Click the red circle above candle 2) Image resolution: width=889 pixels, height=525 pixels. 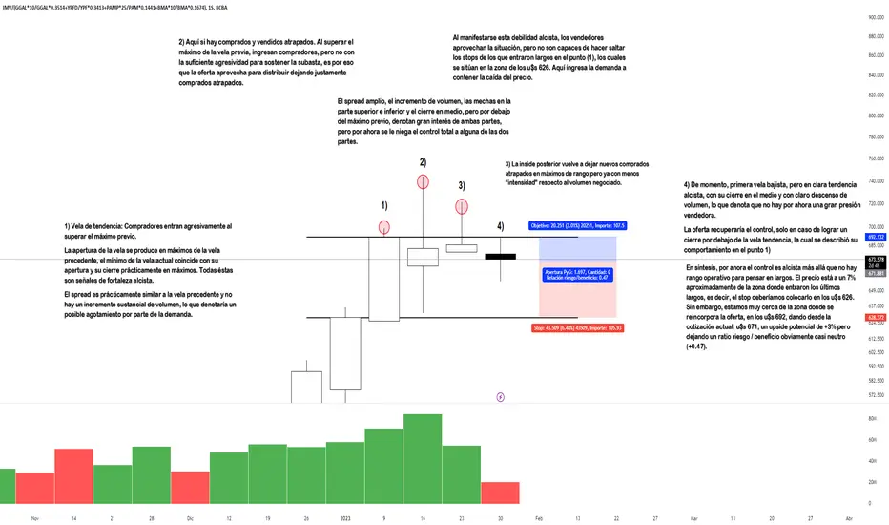(422, 180)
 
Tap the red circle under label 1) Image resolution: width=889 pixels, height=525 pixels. (384, 227)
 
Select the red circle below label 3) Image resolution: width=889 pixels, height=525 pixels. (461, 205)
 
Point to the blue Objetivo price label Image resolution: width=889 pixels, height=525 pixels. (575, 226)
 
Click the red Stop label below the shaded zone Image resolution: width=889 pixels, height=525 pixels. (577, 327)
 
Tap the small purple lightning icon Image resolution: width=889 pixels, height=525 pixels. (501, 395)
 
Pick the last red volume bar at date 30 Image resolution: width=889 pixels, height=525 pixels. (499, 492)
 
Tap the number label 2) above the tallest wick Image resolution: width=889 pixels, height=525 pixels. (422, 162)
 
